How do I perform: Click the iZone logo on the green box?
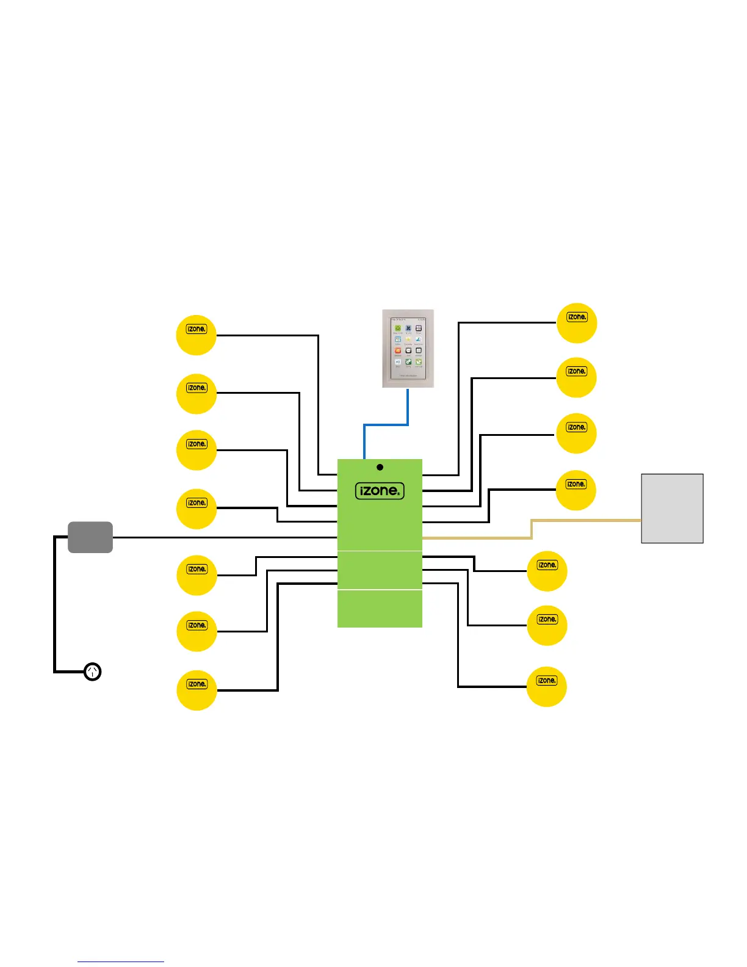pos(380,491)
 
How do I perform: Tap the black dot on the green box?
pos(380,467)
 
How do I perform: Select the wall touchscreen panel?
pos(408,349)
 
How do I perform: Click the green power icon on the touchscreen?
pos(397,328)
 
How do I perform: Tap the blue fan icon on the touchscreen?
pos(408,328)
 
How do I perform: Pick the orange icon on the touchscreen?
pos(397,351)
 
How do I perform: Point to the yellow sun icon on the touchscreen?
pos(408,339)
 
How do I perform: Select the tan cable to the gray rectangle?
pos(532,529)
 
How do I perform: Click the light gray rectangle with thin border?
pos(672,508)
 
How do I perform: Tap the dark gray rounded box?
pos(90,537)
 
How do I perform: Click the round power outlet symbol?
pos(92,672)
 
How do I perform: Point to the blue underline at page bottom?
pos(121,962)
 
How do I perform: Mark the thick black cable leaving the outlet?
pos(55,604)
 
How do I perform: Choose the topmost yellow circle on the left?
pos(197,335)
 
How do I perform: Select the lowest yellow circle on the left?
pos(197,690)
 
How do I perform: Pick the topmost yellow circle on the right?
pos(577,323)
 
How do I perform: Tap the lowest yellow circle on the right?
pos(547,686)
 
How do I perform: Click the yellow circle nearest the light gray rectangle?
pos(576,490)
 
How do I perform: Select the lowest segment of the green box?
pos(380,609)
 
